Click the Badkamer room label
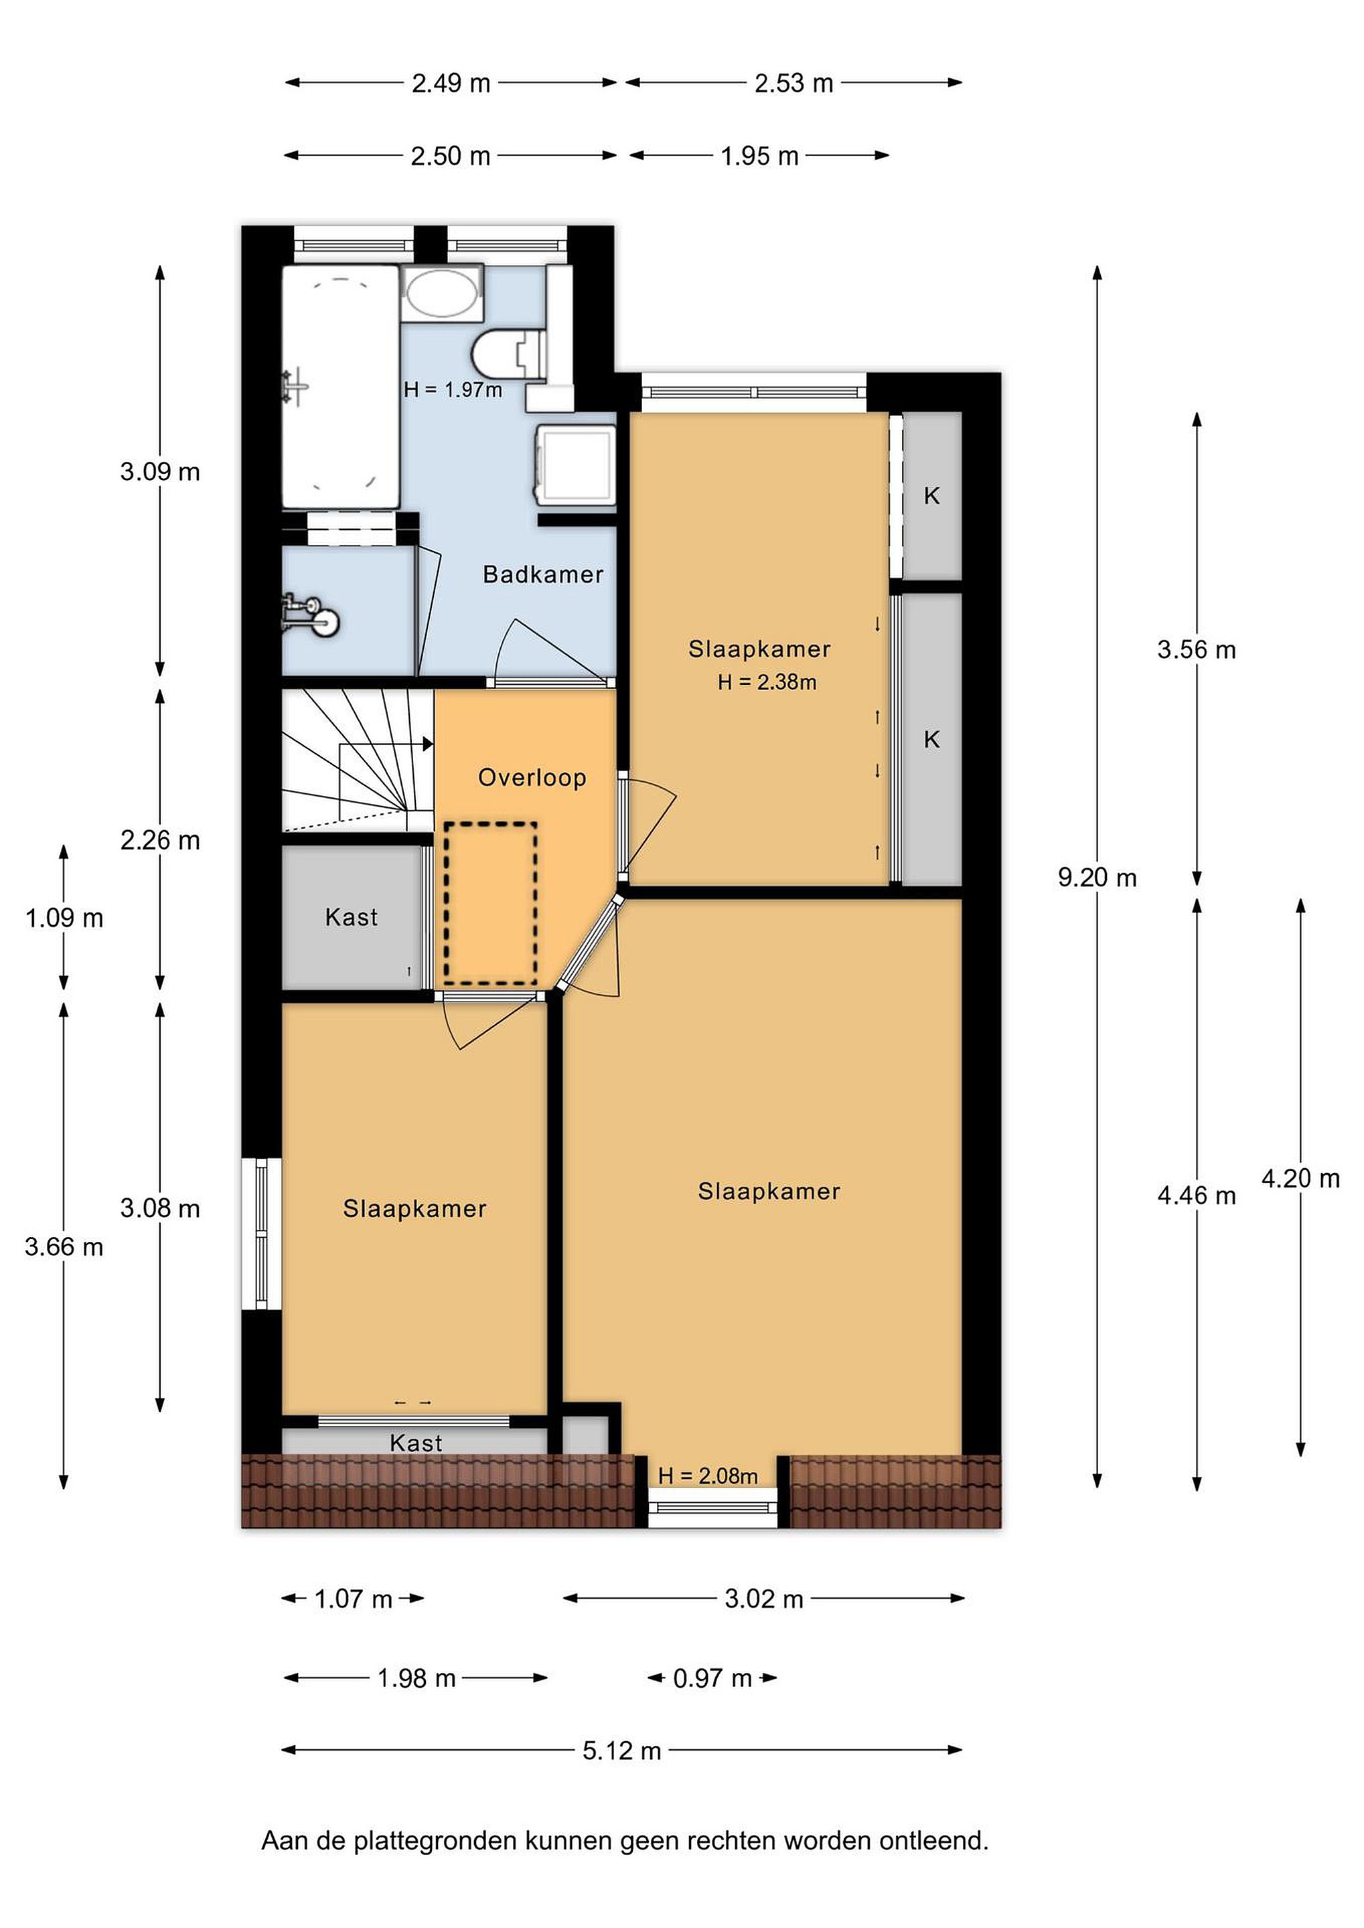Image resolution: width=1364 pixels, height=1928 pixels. click(542, 574)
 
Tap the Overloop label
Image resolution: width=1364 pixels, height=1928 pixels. click(532, 778)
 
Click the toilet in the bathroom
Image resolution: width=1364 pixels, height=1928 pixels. click(509, 353)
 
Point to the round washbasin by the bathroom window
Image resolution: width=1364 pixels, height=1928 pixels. click(442, 293)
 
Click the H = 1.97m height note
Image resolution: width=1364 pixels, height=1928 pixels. click(453, 390)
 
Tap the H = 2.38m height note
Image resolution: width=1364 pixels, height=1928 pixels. click(767, 682)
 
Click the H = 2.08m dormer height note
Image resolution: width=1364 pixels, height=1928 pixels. click(708, 1475)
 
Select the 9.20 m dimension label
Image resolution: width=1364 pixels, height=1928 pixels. click(1097, 878)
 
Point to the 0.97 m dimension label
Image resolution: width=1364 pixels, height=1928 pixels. click(712, 1678)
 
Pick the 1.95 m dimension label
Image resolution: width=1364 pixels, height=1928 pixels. click(759, 155)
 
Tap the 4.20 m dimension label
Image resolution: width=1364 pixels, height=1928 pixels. click(1300, 1178)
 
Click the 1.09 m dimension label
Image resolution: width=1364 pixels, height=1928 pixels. click(64, 918)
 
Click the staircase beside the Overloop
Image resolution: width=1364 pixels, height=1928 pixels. click(357, 760)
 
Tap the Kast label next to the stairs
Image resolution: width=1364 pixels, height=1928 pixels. click(351, 917)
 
